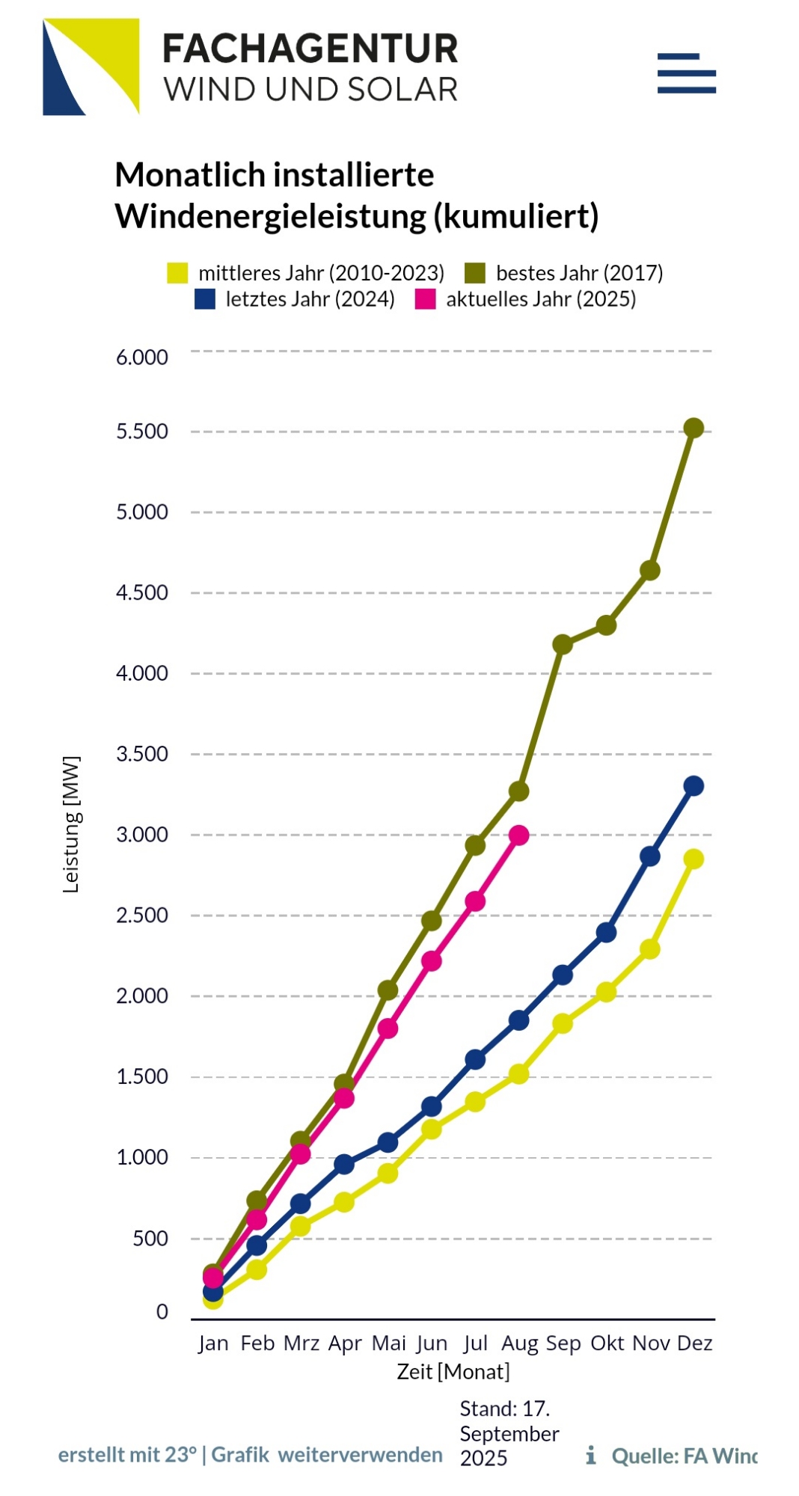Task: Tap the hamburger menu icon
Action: click(x=686, y=73)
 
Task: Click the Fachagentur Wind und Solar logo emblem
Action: click(x=91, y=67)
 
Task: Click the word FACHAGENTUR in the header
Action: click(x=310, y=49)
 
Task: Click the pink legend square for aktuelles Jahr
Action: click(x=425, y=299)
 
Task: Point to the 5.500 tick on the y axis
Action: click(x=142, y=432)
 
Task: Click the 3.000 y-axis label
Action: click(x=142, y=835)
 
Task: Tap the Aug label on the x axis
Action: click(x=519, y=1343)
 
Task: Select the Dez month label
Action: click(x=694, y=1343)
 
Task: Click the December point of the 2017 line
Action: click(x=694, y=428)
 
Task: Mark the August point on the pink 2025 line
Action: click(x=519, y=836)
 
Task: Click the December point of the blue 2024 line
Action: click(x=694, y=786)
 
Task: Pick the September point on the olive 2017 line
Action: click(x=563, y=644)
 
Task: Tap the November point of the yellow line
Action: click(x=650, y=949)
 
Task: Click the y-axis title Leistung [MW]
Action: click(x=71, y=824)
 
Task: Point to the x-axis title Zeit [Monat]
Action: click(x=453, y=1372)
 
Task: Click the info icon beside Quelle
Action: click(x=591, y=1455)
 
